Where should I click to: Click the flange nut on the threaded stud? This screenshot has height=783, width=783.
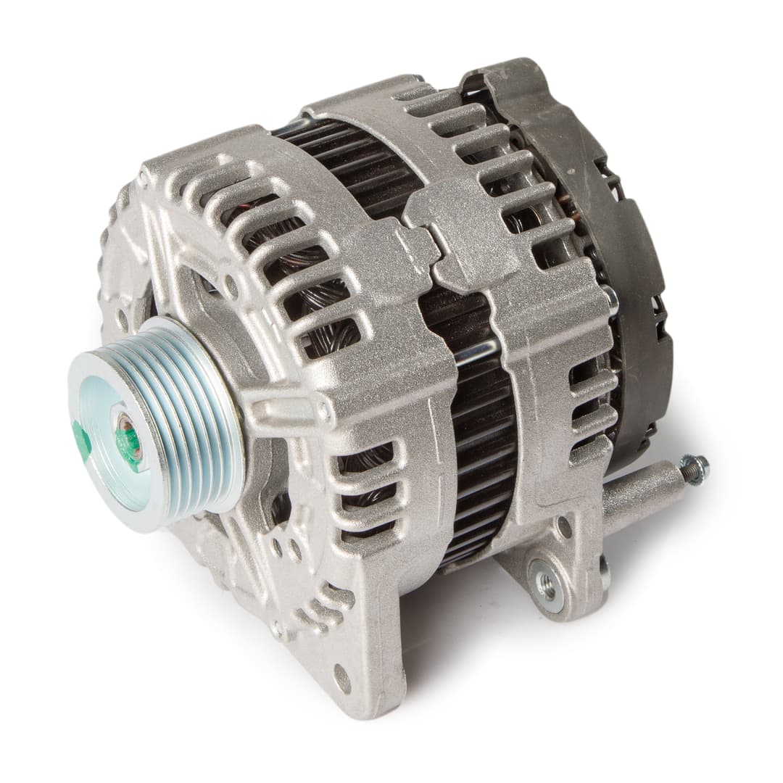click(x=695, y=468)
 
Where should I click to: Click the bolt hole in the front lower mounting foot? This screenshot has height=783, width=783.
click(x=341, y=678)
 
